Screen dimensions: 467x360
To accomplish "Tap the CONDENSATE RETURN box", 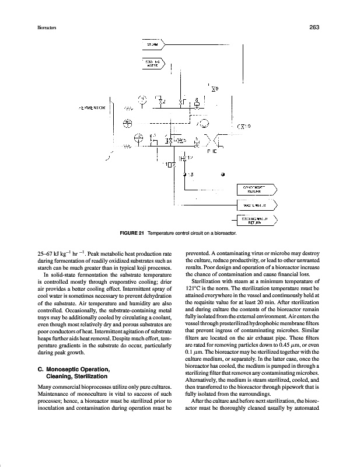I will [x=256, y=189].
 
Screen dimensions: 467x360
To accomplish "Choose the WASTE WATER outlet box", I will [x=256, y=205].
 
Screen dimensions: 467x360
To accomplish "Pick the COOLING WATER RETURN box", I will [x=256, y=220].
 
